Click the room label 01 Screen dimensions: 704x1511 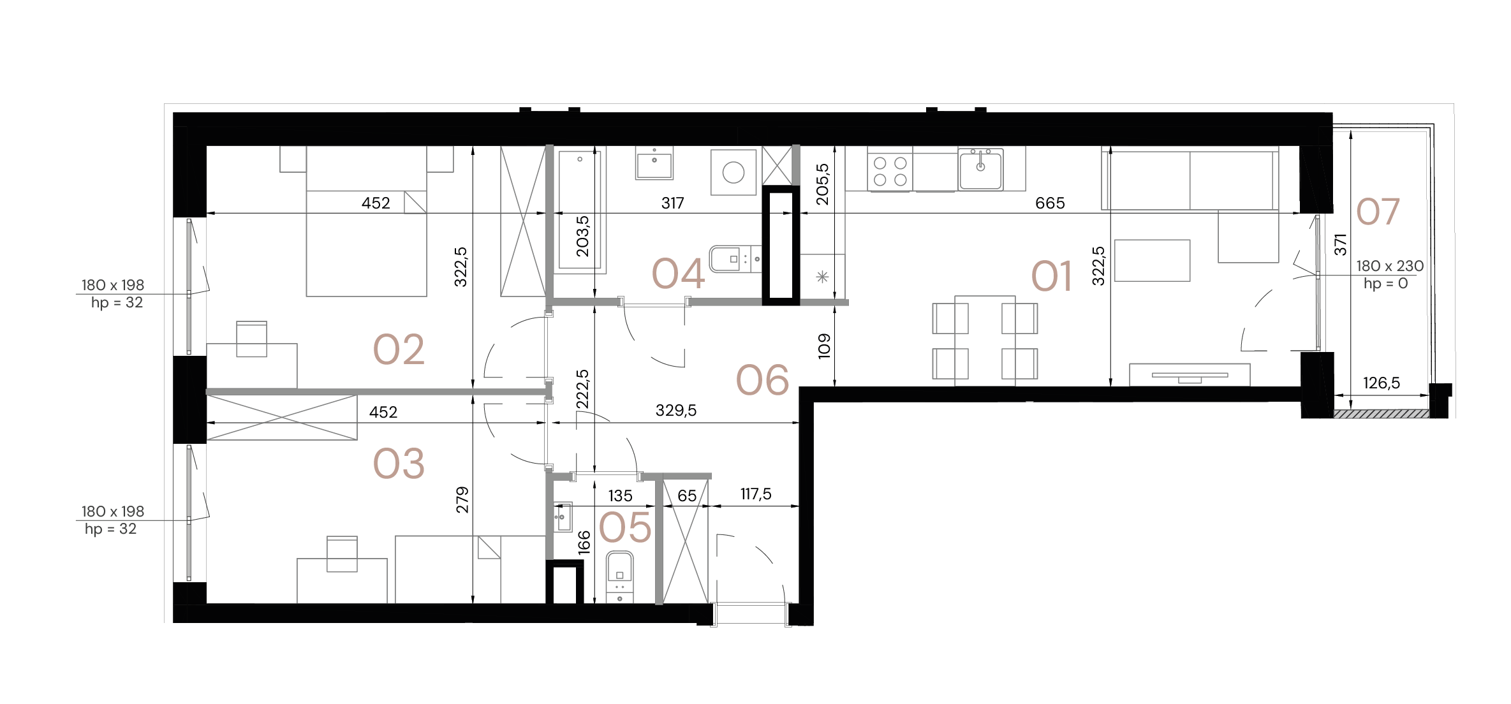pyautogui.click(x=1051, y=277)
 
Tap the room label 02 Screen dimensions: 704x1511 pyautogui.click(x=399, y=349)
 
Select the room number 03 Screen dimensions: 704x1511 pyautogui.click(x=399, y=464)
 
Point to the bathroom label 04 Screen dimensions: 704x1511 pyautogui.click(x=678, y=274)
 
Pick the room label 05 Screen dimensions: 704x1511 pyautogui.click(x=625, y=528)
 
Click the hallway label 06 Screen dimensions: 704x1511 pyautogui.click(x=762, y=381)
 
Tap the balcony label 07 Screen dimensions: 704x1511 pyautogui.click(x=1378, y=212)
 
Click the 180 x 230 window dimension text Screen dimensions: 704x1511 pyautogui.click(x=1390, y=266)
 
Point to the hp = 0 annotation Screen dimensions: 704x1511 pyautogui.click(x=1385, y=283)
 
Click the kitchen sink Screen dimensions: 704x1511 pyautogui.click(x=980, y=169)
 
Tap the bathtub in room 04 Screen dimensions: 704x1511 pyautogui.click(x=580, y=210)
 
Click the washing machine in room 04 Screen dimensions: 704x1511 pyautogui.click(x=733, y=173)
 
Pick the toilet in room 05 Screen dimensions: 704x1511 pyautogui.click(x=618, y=576)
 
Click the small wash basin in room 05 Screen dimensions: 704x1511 pyautogui.click(x=563, y=516)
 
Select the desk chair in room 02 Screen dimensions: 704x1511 pyautogui.click(x=251, y=339)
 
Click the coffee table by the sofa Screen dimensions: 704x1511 pyautogui.click(x=1152, y=260)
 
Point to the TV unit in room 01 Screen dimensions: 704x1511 pyautogui.click(x=1189, y=375)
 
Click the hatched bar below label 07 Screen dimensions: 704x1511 pyautogui.click(x=1381, y=414)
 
